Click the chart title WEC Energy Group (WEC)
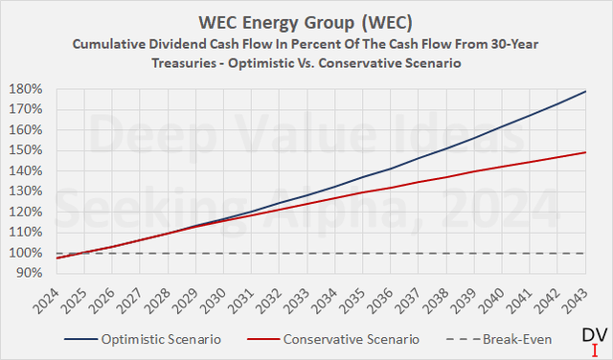[306, 21]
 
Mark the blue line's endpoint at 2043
[586, 92]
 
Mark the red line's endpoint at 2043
[586, 152]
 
